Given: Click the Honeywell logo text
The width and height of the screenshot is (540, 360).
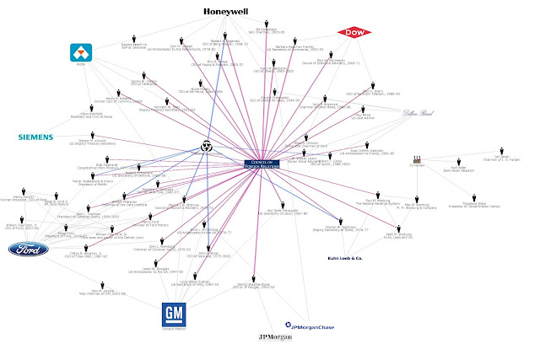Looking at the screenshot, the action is tap(229, 11).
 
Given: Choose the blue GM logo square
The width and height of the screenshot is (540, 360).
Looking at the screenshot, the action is tap(174, 314).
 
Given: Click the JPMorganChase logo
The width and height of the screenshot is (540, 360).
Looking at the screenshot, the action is tap(315, 324).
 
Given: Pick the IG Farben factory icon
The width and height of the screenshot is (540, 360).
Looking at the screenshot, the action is tap(414, 159).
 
